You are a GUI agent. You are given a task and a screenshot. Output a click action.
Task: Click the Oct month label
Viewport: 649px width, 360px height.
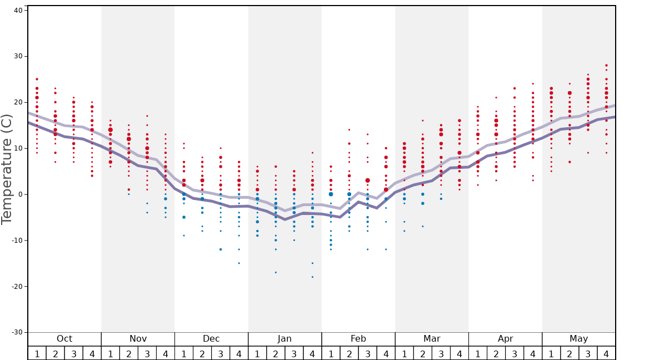click(x=64, y=339)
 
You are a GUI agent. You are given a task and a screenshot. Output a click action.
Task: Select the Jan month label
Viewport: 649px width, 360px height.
click(x=284, y=339)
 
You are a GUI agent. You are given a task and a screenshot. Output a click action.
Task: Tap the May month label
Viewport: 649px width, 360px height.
click(x=578, y=339)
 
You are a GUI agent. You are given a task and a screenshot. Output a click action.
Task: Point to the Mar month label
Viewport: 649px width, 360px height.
click(x=432, y=339)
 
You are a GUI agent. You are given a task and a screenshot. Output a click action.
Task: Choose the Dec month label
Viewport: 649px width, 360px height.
click(x=211, y=339)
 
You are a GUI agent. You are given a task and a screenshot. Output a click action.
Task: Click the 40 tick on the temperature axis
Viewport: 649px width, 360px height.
click(x=17, y=11)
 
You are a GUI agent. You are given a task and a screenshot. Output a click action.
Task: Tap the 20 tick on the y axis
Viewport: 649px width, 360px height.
click(x=17, y=102)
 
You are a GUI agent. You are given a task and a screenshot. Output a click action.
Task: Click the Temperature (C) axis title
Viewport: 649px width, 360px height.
click(x=7, y=169)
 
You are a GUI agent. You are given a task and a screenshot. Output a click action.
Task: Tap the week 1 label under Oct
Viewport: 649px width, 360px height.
click(x=37, y=353)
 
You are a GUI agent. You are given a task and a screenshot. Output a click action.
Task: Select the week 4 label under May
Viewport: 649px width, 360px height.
click(x=606, y=353)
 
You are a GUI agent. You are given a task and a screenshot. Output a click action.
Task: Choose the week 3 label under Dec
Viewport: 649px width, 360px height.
click(x=221, y=353)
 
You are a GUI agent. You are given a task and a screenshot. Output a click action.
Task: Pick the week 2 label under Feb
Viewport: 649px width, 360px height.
click(x=349, y=353)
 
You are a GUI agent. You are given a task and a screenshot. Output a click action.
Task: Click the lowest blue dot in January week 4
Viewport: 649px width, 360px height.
click(x=312, y=277)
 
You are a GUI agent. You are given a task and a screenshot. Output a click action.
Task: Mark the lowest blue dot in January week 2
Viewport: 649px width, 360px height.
click(x=276, y=272)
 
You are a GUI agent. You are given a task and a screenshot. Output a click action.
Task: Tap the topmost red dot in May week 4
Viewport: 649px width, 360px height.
click(x=606, y=65)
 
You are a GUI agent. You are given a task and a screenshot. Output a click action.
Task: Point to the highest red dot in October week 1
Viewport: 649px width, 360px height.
click(x=37, y=79)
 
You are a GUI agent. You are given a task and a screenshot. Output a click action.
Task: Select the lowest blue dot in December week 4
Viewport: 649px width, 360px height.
click(x=239, y=263)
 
